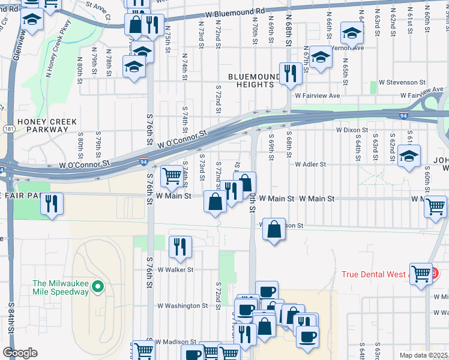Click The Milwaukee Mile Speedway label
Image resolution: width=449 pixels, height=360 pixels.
click(60, 287)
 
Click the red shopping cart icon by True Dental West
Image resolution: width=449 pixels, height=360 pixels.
click(421, 273)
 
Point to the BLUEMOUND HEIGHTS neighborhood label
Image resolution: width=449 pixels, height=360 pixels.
click(254, 81)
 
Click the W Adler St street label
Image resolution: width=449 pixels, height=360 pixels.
click(310, 164)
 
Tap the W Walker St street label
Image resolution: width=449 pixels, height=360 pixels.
click(175, 270)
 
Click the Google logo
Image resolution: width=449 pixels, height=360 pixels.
click(20, 353)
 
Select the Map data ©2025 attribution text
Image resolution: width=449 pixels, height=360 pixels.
click(423, 355)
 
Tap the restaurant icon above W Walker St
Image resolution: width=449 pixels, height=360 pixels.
click(179, 245)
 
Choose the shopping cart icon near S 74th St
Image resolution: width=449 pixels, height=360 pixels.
click(172, 176)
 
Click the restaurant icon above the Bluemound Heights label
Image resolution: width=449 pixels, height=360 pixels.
click(290, 73)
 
